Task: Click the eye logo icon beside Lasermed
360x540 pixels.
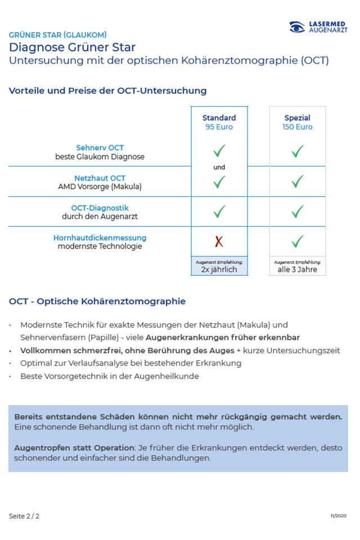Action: coord(298,26)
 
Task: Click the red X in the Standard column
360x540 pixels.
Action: coord(219,242)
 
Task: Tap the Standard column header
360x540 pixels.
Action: coord(219,118)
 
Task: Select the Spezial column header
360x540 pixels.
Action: coord(298,118)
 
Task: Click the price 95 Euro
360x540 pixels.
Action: coord(219,127)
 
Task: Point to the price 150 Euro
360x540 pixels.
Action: coord(298,127)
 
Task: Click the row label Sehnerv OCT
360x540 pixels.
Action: coord(100,148)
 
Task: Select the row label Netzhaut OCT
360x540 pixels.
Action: coord(100,178)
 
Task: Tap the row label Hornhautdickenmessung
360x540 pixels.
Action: coord(100,238)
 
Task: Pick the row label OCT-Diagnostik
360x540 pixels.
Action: coord(100,208)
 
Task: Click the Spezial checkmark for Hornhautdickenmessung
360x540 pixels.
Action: coord(298,242)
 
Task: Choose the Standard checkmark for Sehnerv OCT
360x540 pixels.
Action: coord(219,151)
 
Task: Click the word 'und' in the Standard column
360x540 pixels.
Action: coord(219,167)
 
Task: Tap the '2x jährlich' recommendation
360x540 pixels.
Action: coord(219,269)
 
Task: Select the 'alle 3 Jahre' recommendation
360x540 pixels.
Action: coord(298,269)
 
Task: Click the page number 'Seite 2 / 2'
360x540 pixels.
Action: coord(24,516)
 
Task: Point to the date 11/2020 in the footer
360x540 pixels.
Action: coord(339,516)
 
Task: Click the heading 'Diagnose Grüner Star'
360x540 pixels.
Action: coord(72,47)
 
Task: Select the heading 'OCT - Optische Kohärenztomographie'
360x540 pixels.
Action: coord(97,301)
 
